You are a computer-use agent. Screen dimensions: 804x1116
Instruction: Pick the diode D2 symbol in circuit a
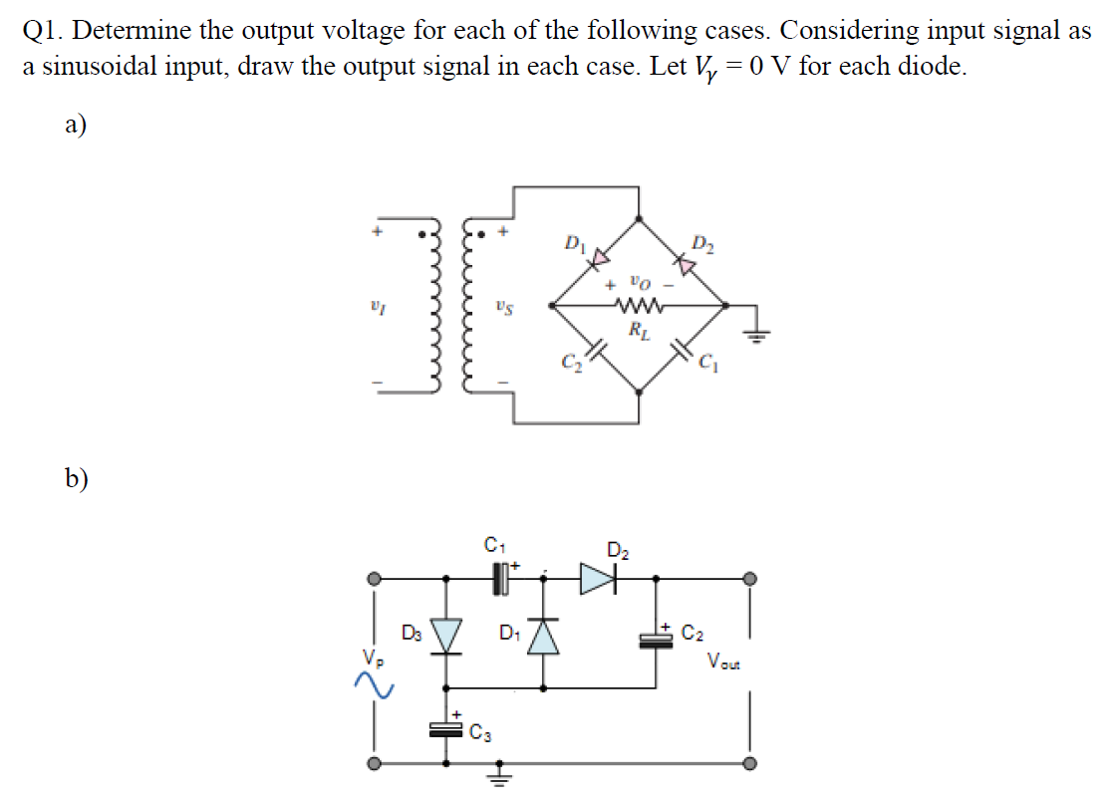[686, 263]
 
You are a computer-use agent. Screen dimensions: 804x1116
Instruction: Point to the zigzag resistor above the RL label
[636, 305]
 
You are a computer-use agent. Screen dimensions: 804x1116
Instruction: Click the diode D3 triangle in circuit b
[445, 635]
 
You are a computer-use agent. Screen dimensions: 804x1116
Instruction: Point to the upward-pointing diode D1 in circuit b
[544, 635]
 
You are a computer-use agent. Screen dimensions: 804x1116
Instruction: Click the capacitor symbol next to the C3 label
[445, 729]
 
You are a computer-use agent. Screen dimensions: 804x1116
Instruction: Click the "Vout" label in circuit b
[724, 660]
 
